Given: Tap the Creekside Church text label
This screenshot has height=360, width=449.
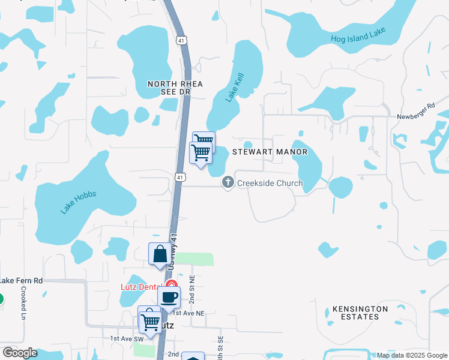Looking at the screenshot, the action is click(270, 183).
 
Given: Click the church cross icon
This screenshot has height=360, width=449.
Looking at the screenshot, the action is click(228, 182).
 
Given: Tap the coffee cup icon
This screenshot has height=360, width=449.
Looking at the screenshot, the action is click(169, 296).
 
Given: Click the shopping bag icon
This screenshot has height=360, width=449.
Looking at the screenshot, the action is click(160, 254).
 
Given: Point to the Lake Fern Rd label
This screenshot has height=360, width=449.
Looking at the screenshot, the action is click(22, 280).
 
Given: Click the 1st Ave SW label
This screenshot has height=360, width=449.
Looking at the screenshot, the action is click(124, 338).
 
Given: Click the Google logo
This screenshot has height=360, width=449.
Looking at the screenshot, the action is click(20, 353).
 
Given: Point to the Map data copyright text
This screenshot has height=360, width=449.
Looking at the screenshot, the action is click(411, 355).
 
